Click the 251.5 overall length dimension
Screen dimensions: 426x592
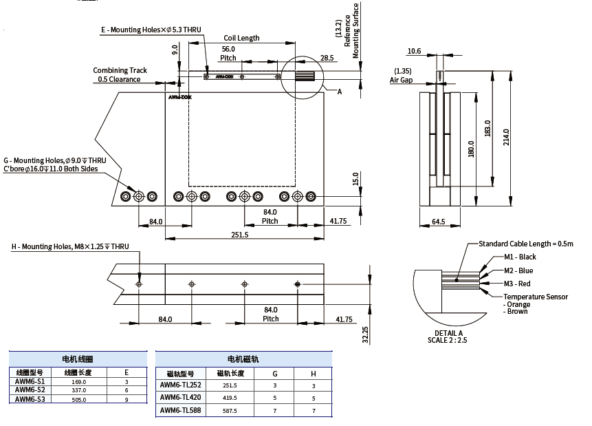(240, 235)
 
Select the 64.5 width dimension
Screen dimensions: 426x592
(438, 222)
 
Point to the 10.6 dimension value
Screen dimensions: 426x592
(414, 51)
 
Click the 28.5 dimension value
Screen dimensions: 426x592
(327, 58)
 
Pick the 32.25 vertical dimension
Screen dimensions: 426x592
(366, 334)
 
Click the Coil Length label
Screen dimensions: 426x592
(241, 38)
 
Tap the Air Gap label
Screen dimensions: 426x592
(401, 80)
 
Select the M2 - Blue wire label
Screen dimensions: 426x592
(518, 270)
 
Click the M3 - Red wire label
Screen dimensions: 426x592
(517, 284)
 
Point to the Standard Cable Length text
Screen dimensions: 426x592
(525, 244)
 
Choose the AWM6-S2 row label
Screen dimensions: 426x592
(30, 390)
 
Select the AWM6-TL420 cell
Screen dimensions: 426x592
(181, 398)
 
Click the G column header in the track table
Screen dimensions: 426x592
(275, 374)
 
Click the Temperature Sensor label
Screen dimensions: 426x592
(536, 297)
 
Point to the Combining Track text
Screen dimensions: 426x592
(120, 70)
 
